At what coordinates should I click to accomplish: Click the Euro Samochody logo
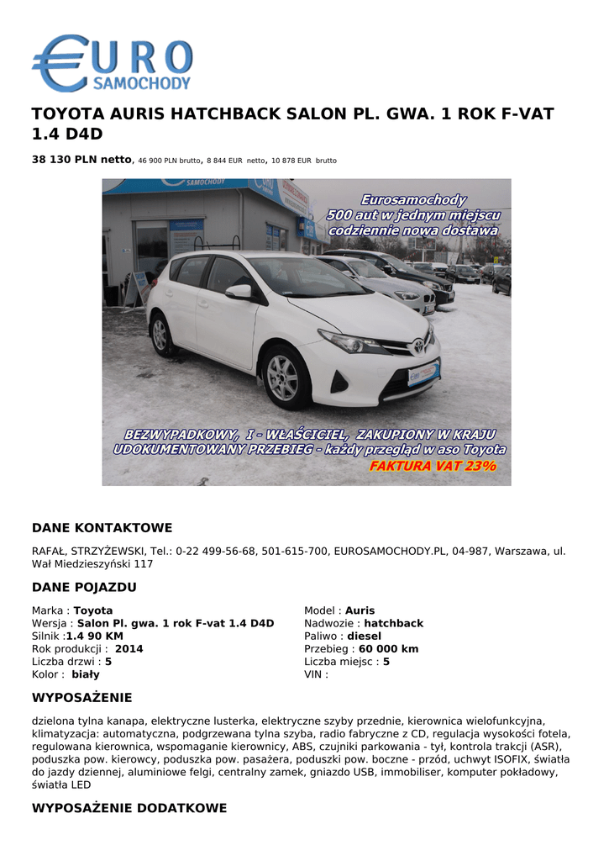coord(112,63)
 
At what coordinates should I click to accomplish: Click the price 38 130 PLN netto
coord(81,159)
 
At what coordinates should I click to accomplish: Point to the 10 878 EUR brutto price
coord(303,160)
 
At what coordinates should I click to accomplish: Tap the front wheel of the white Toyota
coord(283,377)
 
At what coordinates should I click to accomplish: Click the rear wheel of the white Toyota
coord(160,335)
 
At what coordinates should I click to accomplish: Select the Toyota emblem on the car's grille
coord(417,344)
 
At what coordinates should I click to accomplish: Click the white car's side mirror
coord(239,291)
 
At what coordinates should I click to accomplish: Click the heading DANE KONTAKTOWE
coord(102,528)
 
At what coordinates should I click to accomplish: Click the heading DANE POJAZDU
coord(84,587)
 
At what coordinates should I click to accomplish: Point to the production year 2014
coord(129,649)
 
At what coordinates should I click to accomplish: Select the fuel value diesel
coord(364,637)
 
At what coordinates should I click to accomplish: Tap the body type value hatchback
coord(393,624)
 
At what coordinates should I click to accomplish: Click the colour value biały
coord(85,674)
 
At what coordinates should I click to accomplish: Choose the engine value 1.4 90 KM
coord(94,637)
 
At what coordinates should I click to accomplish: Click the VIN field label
coord(315,674)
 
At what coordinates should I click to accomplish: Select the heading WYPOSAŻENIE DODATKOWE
coord(129,808)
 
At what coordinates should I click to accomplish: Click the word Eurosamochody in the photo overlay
coord(413,200)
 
